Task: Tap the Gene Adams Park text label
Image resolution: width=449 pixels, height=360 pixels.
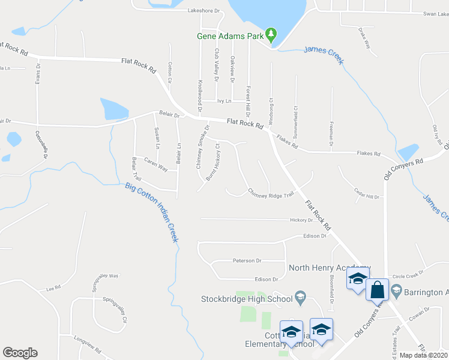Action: click(231, 36)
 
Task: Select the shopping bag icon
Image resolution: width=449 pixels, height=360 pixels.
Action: click(378, 290)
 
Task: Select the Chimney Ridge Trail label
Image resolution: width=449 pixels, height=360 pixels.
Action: click(271, 193)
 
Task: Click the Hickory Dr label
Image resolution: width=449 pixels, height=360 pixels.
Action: click(302, 220)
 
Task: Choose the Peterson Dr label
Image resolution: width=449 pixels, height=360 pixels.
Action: click(248, 261)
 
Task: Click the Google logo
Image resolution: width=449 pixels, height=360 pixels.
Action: click(20, 352)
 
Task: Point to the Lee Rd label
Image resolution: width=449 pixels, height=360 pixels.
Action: click(54, 289)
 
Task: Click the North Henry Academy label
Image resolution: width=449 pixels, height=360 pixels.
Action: click(329, 268)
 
